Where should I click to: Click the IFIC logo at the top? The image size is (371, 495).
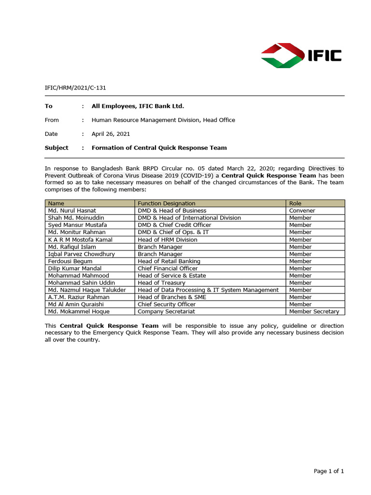tap(301, 56)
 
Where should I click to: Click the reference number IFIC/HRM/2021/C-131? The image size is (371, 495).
tap(75, 88)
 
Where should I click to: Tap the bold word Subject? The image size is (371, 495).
tap(57, 148)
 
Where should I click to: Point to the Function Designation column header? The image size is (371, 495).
tap(167, 204)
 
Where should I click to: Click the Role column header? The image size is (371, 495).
tap(295, 204)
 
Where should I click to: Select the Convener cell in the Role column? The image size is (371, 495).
tap(302, 211)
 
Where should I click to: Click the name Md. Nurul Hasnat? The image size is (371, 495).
tap(72, 211)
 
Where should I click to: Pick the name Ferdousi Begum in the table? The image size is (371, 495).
tap(70, 261)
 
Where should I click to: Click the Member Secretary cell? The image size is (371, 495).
tap(314, 312)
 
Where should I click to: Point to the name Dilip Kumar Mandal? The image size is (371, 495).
tap(75, 268)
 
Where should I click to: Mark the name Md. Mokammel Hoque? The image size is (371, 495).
tap(78, 312)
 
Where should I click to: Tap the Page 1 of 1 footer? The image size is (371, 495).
tap(328, 471)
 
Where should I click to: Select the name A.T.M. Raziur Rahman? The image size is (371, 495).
tap(79, 297)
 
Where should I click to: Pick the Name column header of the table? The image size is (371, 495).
tap(56, 204)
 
